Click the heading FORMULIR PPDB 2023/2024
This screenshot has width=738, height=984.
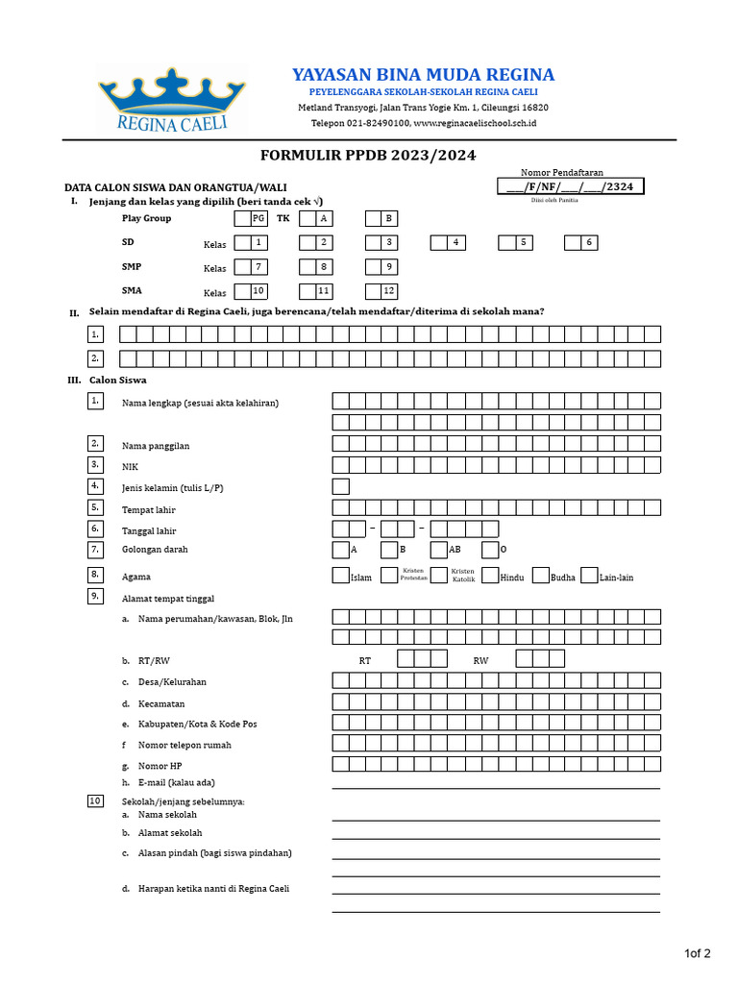click(368, 156)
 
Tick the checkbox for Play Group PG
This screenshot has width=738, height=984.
click(242, 219)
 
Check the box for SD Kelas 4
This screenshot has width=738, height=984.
click(439, 243)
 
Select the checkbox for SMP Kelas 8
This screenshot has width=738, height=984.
click(307, 267)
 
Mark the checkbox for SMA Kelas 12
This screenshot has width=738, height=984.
click(373, 291)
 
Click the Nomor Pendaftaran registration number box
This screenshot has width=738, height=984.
click(571, 187)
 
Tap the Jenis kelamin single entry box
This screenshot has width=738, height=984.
click(340, 487)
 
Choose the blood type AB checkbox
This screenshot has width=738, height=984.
click(438, 551)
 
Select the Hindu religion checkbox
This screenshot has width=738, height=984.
click(490, 577)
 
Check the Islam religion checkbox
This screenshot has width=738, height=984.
click(340, 577)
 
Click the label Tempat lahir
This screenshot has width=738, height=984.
click(148, 510)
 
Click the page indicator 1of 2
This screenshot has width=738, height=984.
click(697, 954)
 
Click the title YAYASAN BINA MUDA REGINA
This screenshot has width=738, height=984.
click(423, 75)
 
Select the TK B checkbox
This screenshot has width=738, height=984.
click(373, 219)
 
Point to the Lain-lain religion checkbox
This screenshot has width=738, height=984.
click(589, 577)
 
